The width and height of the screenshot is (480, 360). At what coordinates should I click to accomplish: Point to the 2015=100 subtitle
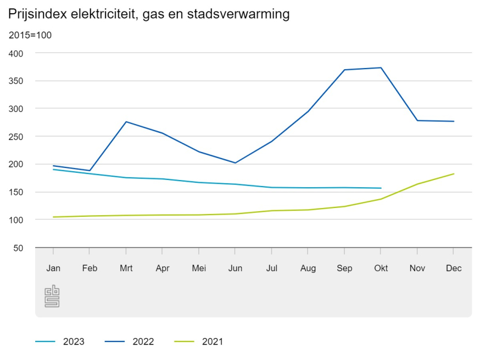click(x=30, y=35)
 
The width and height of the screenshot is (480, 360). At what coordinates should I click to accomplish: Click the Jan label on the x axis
click(x=53, y=268)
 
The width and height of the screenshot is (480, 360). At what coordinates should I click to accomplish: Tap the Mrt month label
click(x=126, y=268)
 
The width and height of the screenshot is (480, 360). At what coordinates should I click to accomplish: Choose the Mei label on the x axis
click(x=199, y=268)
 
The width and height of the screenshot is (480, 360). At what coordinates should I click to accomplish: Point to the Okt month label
click(x=381, y=268)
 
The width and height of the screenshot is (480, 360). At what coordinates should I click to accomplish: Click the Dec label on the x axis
click(x=454, y=268)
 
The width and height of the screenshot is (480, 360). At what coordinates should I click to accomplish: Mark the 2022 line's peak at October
click(x=381, y=67)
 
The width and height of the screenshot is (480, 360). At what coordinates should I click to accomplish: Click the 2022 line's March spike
click(x=126, y=122)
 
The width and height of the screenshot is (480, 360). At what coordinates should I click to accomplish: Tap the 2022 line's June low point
click(x=235, y=163)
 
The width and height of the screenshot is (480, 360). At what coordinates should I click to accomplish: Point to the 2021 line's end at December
click(x=454, y=174)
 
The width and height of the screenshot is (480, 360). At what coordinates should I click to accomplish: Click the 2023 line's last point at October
click(x=381, y=188)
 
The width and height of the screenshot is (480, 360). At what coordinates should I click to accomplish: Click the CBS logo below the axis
click(x=52, y=296)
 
